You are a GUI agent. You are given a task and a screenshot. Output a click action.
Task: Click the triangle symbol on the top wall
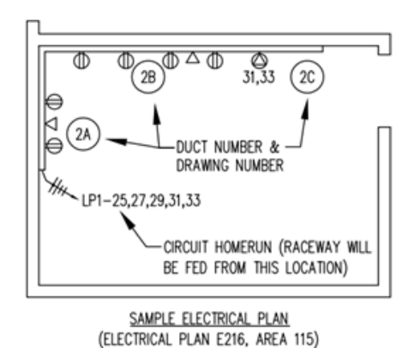[x=193, y=59]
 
